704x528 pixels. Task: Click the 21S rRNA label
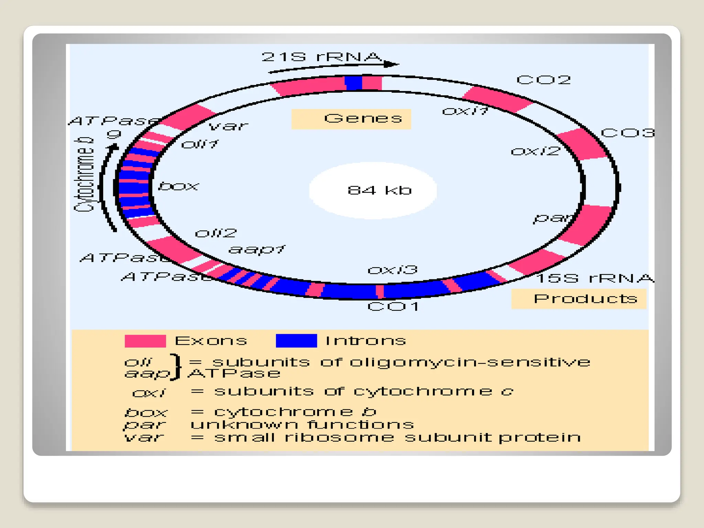pyautogui.click(x=321, y=57)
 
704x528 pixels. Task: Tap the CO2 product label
pyautogui.click(x=543, y=80)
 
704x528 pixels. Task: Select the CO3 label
pyautogui.click(x=627, y=133)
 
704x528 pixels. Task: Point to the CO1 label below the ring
pyautogui.click(x=393, y=306)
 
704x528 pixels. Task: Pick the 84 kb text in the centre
pyautogui.click(x=379, y=190)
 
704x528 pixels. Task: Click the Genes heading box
pyautogui.click(x=351, y=119)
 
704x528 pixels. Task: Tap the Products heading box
pyautogui.click(x=579, y=299)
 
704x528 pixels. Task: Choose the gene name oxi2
pyautogui.click(x=535, y=151)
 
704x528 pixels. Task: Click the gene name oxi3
pyautogui.click(x=392, y=270)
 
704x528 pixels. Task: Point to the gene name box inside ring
pyautogui.click(x=178, y=186)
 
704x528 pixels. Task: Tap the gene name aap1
pyautogui.click(x=256, y=249)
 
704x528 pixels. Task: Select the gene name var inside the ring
pyautogui.click(x=228, y=126)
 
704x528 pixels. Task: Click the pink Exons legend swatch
pyautogui.click(x=145, y=341)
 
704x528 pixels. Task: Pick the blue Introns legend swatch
pyautogui.click(x=296, y=341)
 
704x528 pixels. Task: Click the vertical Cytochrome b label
pyautogui.click(x=84, y=175)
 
